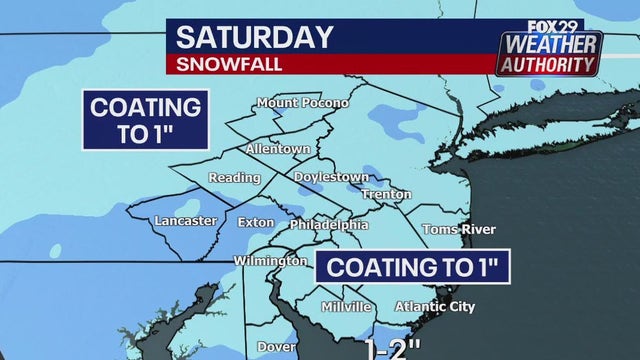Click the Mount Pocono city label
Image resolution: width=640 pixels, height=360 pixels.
click(302, 103)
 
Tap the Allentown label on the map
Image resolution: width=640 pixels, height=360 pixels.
click(279, 148)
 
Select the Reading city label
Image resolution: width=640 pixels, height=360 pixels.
click(234, 178)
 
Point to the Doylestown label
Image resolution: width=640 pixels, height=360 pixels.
click(331, 176)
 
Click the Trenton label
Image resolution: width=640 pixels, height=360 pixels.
click(386, 194)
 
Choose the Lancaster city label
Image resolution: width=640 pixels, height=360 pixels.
click(185, 221)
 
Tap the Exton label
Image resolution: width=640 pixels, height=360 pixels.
click(256, 222)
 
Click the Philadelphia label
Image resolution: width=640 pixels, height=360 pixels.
click(329, 225)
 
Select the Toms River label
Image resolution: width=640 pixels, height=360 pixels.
click(458, 229)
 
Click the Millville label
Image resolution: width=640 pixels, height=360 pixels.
click(347, 306)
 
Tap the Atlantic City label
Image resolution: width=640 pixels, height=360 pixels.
click(435, 306)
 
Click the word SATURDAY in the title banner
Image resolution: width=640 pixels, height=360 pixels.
click(254, 38)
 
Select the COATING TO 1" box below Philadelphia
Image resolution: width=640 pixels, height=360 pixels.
click(413, 267)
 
